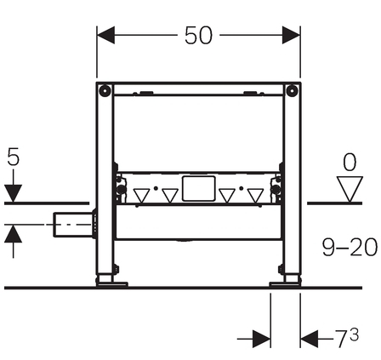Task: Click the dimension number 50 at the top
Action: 198,36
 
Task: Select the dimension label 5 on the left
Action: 14,157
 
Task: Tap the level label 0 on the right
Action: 350,162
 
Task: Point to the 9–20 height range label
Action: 350,247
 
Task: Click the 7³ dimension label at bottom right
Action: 347,337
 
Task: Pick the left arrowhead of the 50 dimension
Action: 105,35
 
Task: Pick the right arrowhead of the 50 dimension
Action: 291,35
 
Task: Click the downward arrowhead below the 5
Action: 13,193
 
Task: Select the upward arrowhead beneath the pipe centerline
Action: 13,234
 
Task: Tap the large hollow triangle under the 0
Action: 350,189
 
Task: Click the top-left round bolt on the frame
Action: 105,90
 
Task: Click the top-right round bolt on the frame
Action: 292,90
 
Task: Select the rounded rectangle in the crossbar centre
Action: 198,189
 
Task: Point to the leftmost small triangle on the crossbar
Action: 141,196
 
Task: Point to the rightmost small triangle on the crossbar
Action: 256,196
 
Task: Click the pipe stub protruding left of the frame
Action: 73,225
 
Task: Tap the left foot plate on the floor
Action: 112,284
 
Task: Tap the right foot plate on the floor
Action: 284,284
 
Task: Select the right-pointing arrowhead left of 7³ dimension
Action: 261,339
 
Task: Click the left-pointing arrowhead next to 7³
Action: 310,339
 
